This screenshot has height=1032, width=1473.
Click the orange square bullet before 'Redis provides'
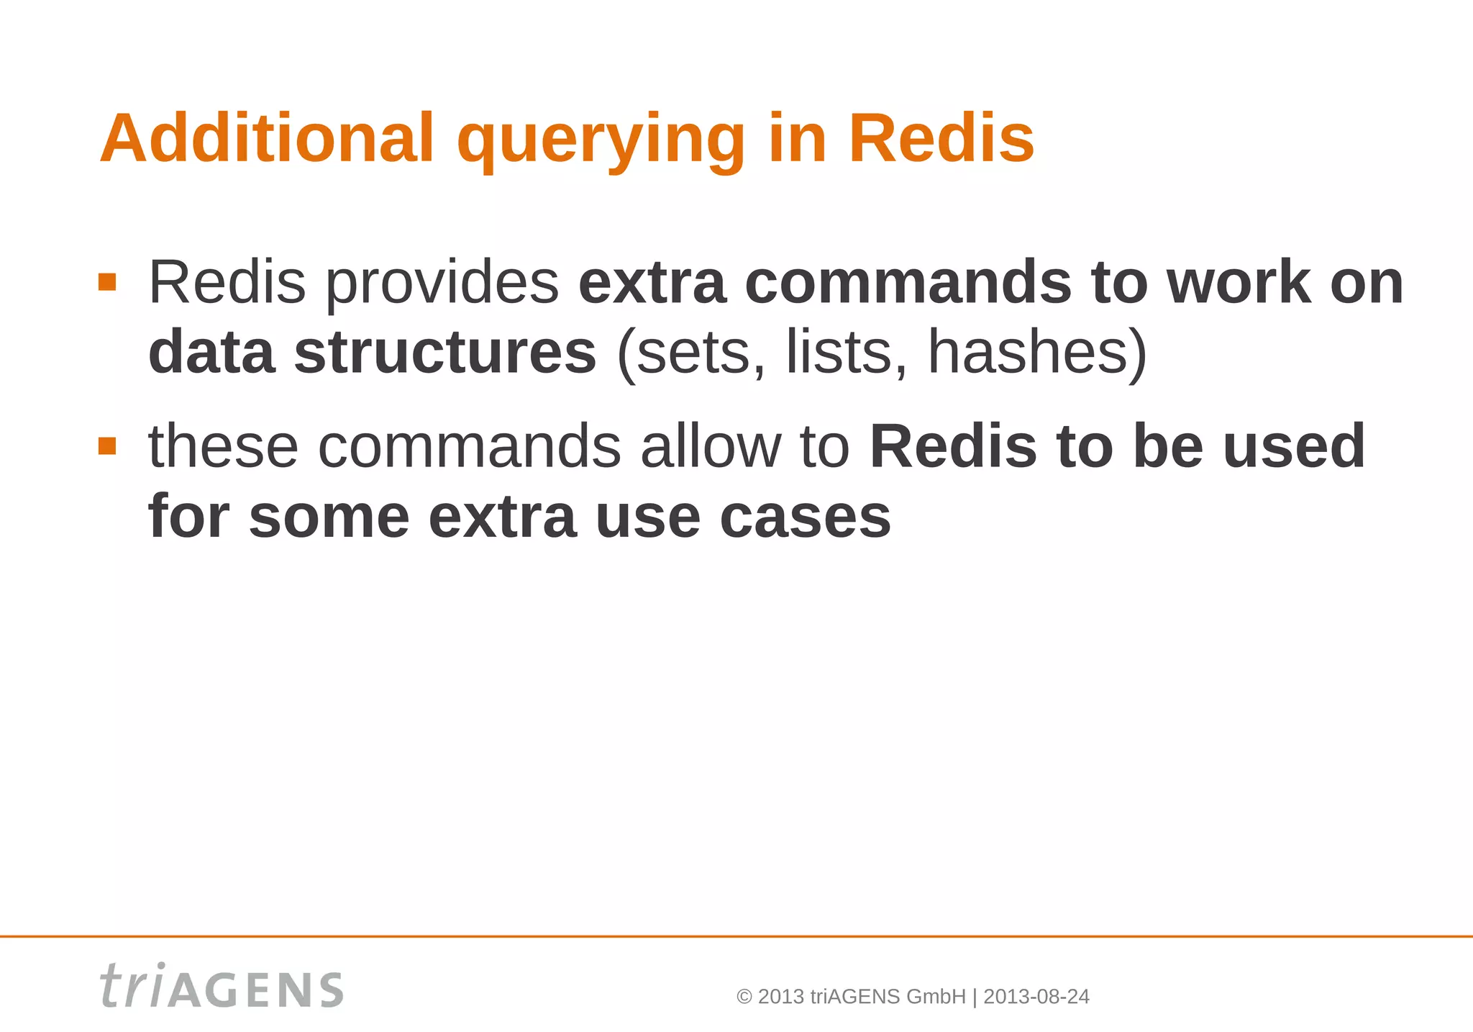tap(107, 281)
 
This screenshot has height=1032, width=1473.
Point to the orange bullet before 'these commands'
tap(107, 446)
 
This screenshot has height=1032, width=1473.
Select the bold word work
tap(1238, 282)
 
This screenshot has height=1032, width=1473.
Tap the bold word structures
tap(445, 353)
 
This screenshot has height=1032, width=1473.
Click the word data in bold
tap(211, 353)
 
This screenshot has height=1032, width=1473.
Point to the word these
tap(223, 447)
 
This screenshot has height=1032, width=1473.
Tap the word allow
tap(711, 447)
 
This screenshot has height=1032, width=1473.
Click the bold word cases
tap(805, 517)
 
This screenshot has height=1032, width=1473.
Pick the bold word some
tap(329, 517)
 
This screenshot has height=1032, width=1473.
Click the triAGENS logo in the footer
tap(222, 985)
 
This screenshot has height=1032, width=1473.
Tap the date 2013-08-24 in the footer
tap(1036, 997)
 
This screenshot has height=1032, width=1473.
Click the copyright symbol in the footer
tap(744, 997)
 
